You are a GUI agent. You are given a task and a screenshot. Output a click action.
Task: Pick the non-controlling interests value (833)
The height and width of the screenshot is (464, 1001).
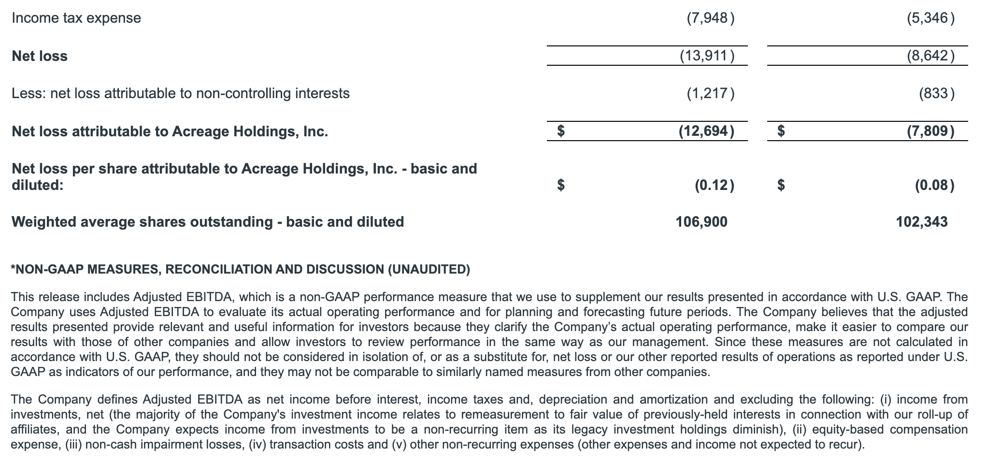(x=936, y=93)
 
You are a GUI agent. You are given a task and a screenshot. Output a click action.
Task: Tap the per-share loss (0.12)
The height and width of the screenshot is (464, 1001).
(x=715, y=185)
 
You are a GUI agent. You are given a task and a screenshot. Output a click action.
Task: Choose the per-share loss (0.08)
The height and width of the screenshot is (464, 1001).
(x=934, y=185)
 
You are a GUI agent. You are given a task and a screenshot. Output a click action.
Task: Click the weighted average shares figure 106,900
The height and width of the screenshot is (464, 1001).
(x=701, y=222)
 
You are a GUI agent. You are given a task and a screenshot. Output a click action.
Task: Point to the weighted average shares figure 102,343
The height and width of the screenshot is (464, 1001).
(x=921, y=222)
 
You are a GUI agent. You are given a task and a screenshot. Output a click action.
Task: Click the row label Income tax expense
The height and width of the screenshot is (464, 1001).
(x=76, y=18)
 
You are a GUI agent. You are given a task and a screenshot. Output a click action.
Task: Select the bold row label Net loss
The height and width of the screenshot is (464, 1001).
(x=40, y=56)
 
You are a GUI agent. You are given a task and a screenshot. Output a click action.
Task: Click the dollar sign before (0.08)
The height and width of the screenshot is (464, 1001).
(x=781, y=185)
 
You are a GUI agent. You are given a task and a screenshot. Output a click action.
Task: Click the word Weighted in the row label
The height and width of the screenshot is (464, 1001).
(x=43, y=222)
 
